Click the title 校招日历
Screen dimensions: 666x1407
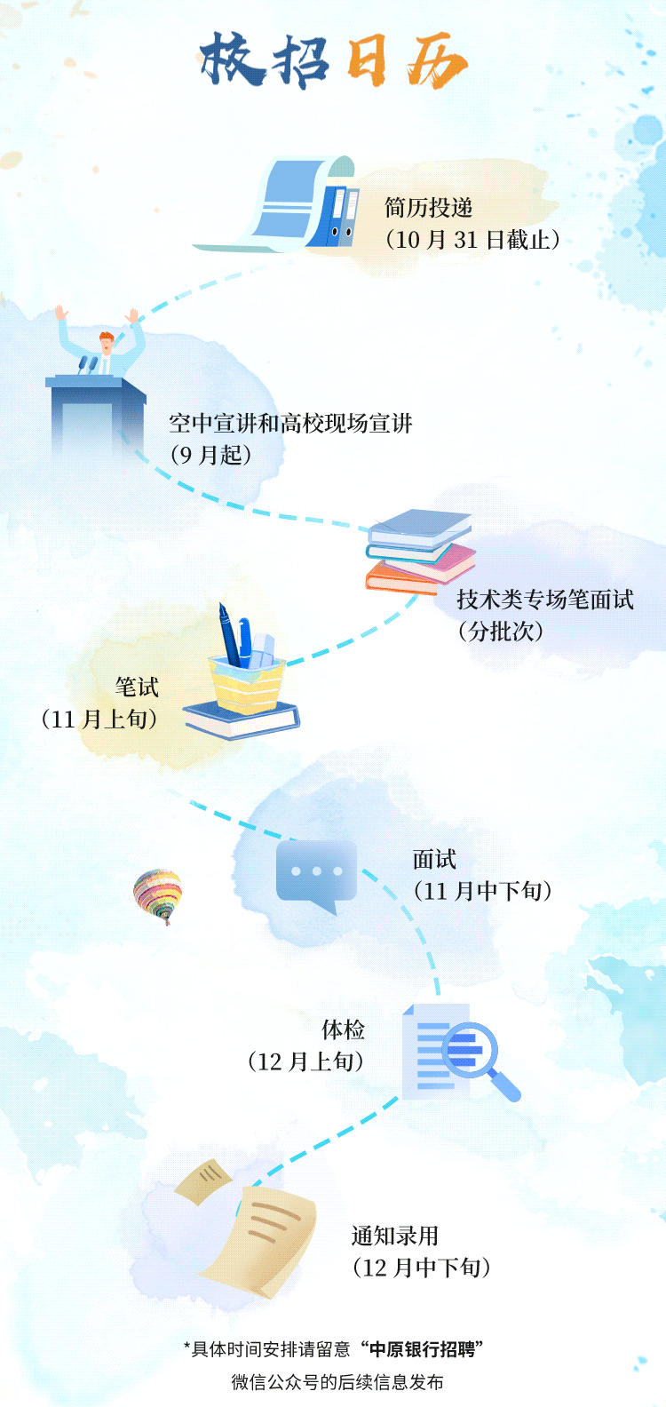click(x=333, y=61)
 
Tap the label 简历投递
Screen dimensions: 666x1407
click(x=428, y=208)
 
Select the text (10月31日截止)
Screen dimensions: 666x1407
click(x=472, y=240)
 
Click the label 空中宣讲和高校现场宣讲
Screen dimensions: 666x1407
click(x=290, y=424)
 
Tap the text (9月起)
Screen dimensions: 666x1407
click(x=211, y=456)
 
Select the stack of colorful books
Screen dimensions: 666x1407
click(x=419, y=551)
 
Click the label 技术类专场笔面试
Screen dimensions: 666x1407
click(x=545, y=600)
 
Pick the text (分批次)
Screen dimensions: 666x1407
click(x=500, y=632)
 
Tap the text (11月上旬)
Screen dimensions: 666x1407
click(x=99, y=719)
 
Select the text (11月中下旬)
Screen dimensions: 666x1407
click(x=483, y=891)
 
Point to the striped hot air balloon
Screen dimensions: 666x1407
click(x=158, y=895)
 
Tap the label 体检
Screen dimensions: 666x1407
click(x=344, y=1030)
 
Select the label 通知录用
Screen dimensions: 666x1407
click(x=395, y=1236)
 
